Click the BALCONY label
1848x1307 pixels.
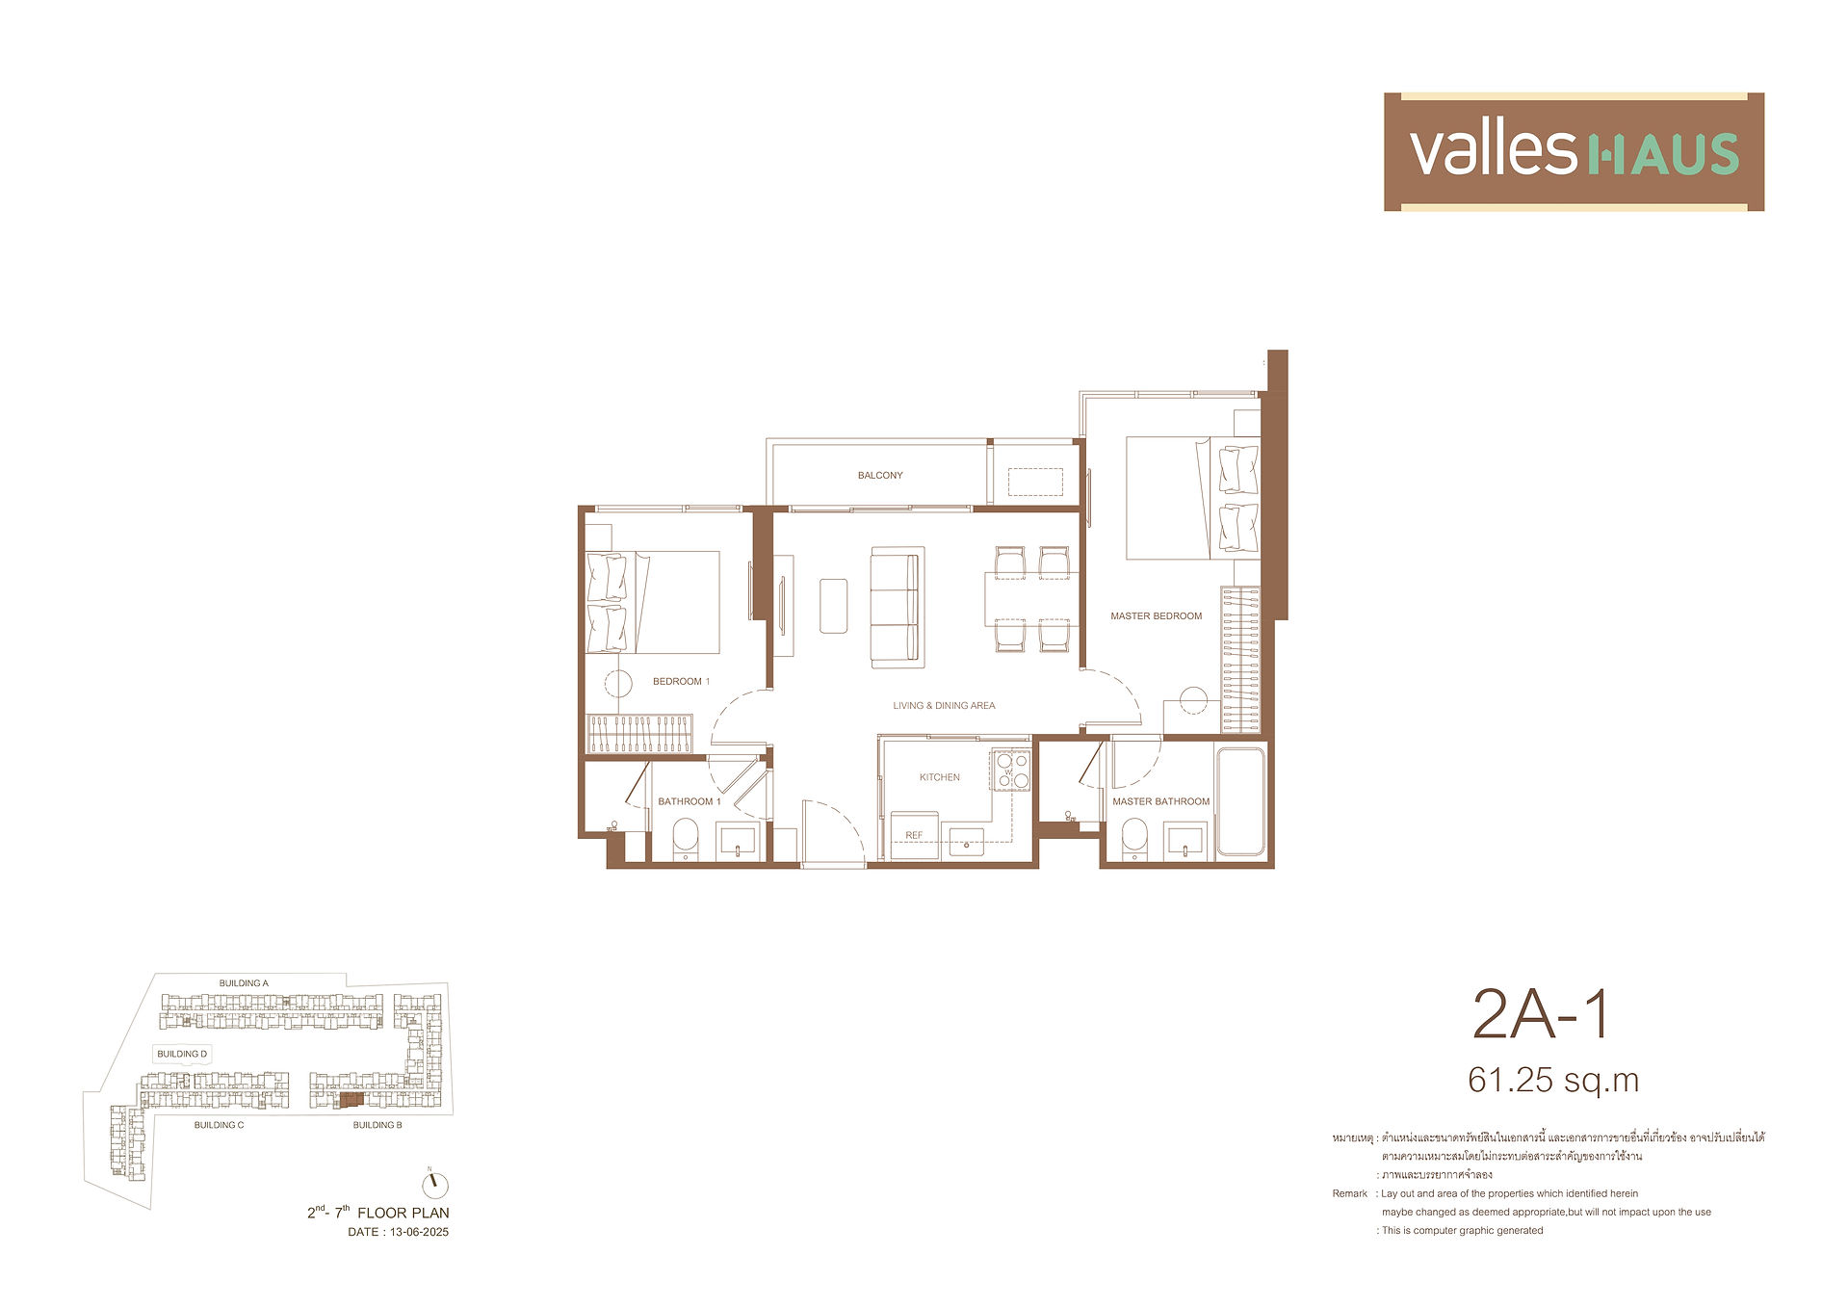click(880, 475)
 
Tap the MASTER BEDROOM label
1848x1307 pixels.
click(1156, 615)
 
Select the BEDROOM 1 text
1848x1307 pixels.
click(681, 681)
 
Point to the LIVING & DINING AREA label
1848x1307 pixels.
click(944, 705)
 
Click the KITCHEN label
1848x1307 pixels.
click(939, 777)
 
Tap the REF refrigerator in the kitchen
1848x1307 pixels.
click(914, 834)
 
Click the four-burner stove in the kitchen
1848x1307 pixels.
click(1011, 771)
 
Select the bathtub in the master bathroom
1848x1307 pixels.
click(1240, 801)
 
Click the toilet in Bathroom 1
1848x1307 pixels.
click(685, 838)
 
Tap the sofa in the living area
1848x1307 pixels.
click(898, 607)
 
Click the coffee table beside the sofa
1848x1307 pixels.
click(834, 605)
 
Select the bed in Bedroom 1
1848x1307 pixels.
click(653, 602)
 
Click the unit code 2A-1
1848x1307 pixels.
click(1541, 1015)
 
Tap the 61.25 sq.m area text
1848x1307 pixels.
click(1553, 1080)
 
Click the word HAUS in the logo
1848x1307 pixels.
click(1661, 154)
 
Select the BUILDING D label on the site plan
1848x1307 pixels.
click(182, 1054)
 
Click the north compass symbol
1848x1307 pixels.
click(435, 1184)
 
